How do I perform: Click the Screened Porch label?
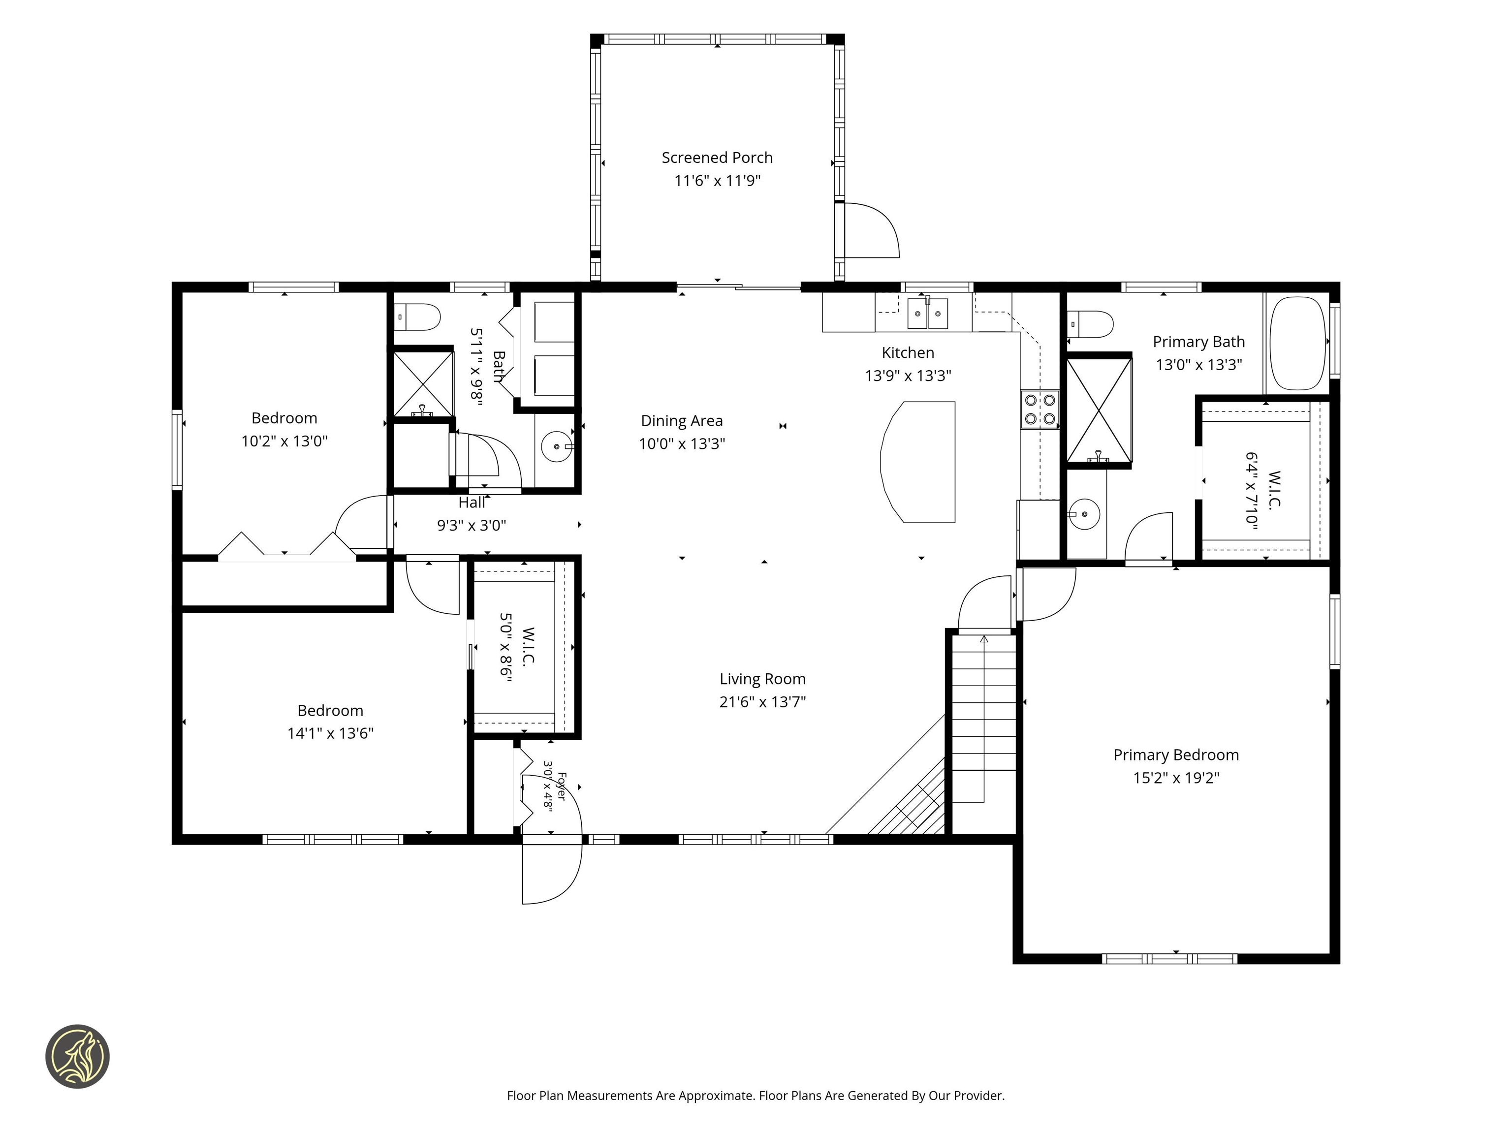click(717, 158)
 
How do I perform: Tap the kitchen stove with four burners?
click(1039, 409)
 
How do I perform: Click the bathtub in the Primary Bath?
click(1297, 343)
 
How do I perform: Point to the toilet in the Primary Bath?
click(1091, 324)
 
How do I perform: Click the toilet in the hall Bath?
click(417, 317)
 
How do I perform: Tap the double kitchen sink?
click(928, 313)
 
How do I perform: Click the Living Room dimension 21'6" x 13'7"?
click(763, 702)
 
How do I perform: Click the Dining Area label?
click(682, 421)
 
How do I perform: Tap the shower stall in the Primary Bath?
click(1099, 410)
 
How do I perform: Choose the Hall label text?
click(472, 503)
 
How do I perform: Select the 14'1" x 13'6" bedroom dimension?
click(330, 733)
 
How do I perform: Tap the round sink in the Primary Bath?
click(1084, 514)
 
